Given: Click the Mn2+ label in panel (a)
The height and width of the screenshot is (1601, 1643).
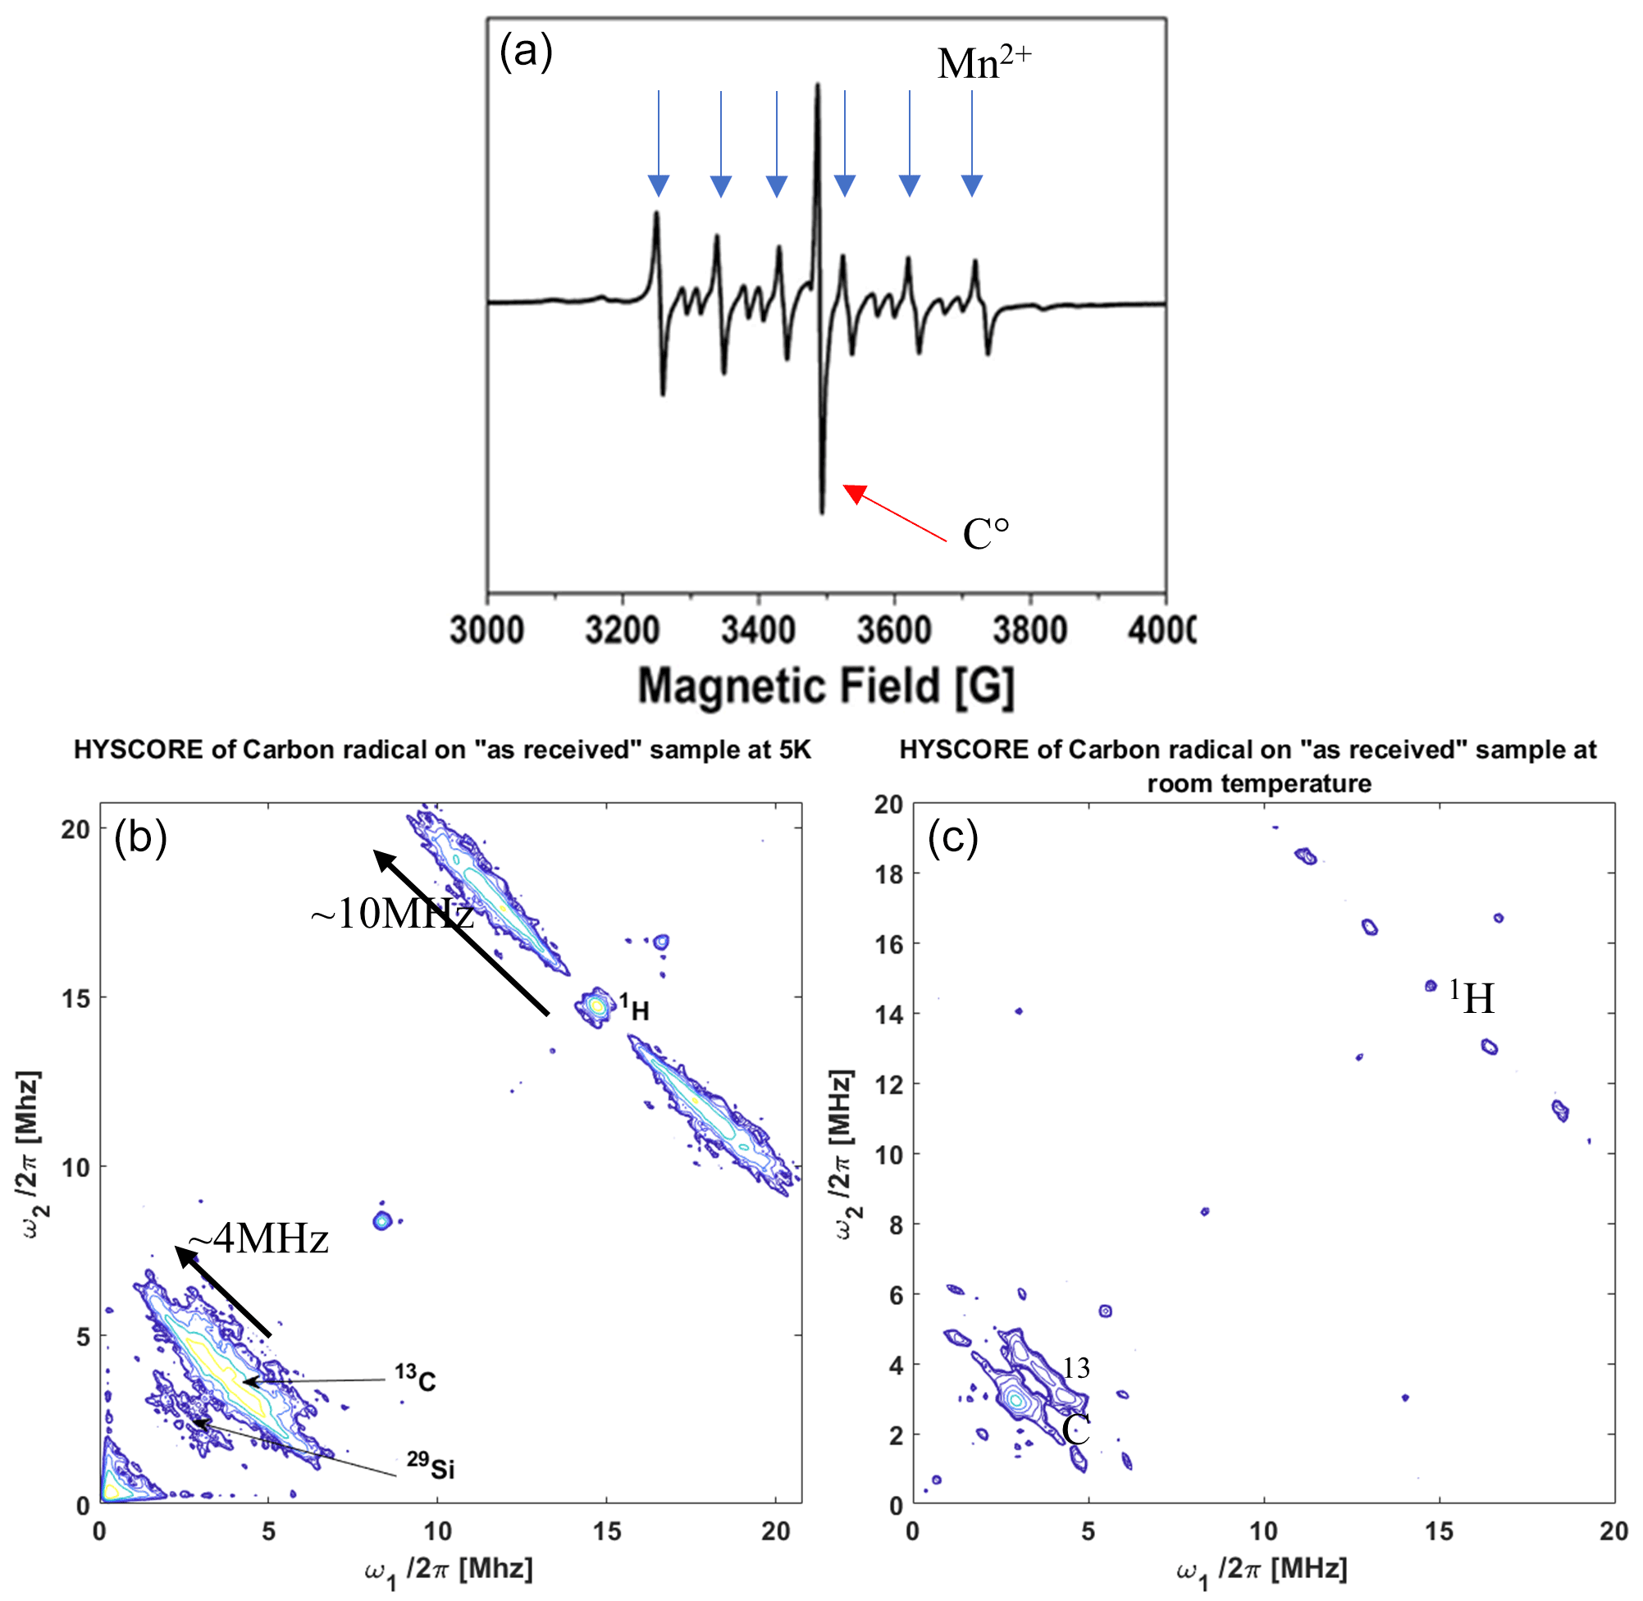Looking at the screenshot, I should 983,63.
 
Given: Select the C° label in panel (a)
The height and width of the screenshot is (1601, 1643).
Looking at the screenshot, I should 984,533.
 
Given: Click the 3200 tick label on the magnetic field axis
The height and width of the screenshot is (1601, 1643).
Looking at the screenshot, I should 623,630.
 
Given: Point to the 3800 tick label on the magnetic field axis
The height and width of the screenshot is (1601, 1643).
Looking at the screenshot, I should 1030,630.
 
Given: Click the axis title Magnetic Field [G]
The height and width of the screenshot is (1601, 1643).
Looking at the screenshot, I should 826,686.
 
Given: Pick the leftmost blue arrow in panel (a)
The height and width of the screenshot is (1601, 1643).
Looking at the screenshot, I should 659,143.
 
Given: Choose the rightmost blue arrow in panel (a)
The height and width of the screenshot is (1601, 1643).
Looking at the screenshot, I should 972,143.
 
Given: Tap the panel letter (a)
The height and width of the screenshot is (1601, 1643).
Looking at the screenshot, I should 526,52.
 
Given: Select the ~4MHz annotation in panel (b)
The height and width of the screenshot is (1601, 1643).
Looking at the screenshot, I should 258,1239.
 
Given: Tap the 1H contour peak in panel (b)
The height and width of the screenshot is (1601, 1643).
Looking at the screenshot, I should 596,1005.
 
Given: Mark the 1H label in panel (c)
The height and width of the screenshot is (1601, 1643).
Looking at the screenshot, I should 1472,997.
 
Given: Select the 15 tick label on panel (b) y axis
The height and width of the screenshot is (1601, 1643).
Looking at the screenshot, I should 75,998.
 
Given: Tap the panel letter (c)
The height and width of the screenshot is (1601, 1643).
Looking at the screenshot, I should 952,837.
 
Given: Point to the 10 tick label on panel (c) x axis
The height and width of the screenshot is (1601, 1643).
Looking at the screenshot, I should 1264,1531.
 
